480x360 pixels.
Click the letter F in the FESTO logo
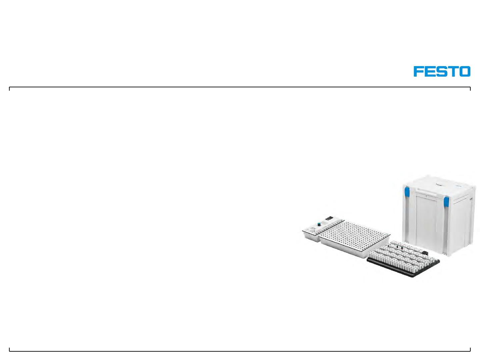pyautogui.click(x=419, y=71)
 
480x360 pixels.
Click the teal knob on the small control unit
pyautogui.click(x=319, y=224)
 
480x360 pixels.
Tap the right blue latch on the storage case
pyautogui.click(x=446, y=202)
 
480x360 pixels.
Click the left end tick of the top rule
pyautogui.click(x=9, y=89)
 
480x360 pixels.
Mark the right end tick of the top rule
pyautogui.click(x=470, y=89)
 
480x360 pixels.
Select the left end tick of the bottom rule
pyautogui.click(x=9, y=349)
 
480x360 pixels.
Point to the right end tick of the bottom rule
pyautogui.click(x=470, y=349)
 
